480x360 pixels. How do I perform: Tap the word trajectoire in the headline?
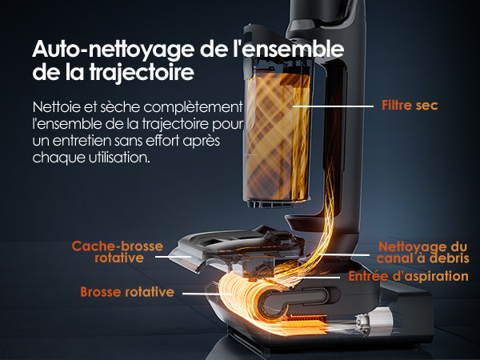coord(142,73)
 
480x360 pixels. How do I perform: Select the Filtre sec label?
coord(410,106)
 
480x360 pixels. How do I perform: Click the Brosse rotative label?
coord(127,292)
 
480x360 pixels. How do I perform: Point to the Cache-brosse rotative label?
coord(118,252)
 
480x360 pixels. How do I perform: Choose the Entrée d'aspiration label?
coord(408,276)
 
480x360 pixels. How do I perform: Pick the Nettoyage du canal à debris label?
coord(422,253)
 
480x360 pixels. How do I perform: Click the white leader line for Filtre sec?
coord(333,106)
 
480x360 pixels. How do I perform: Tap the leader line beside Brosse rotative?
coord(207,294)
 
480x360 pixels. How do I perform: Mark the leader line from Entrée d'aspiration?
coord(315,278)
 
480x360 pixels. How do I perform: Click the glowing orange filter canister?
coord(278,136)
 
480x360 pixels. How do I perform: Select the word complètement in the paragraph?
coord(193,107)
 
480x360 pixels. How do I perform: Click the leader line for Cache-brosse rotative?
coord(174,257)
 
